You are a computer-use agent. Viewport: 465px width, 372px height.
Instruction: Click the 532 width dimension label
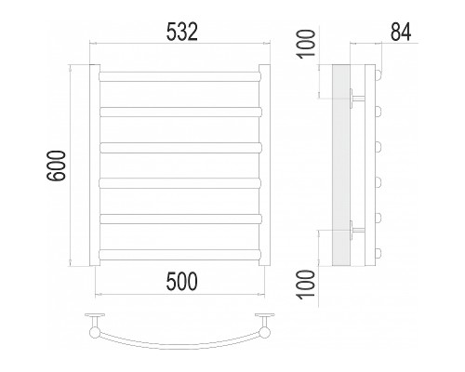pos(182,33)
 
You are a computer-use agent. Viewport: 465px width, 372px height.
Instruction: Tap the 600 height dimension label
pos(57,166)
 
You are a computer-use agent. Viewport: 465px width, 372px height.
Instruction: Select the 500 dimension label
pos(181,282)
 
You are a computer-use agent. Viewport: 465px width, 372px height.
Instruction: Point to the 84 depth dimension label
pos(401,33)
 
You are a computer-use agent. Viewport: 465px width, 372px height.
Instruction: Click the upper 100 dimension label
pos(307,44)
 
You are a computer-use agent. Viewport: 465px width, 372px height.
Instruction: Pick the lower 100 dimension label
pos(307,285)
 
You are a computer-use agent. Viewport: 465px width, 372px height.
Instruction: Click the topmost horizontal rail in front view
pos(180,76)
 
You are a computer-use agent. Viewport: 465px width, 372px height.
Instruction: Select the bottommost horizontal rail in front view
pos(180,255)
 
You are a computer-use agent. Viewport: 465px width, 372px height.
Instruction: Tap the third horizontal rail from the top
pos(180,148)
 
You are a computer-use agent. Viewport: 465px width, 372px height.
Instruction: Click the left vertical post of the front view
pos(95,166)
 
